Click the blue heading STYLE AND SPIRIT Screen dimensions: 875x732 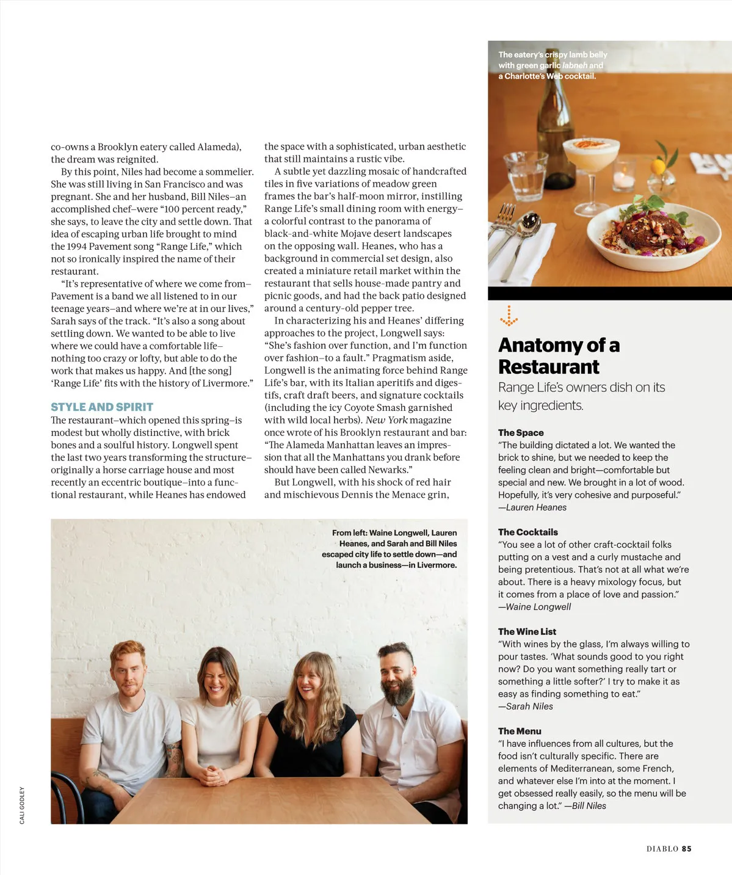102,407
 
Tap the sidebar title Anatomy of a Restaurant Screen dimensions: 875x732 559,355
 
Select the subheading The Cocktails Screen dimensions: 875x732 527,532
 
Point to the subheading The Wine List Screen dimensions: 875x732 527,631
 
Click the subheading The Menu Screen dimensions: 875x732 520,731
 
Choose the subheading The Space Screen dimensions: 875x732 521,432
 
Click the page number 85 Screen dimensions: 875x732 687,849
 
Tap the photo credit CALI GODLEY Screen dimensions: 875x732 23,805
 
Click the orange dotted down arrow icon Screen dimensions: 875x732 509,316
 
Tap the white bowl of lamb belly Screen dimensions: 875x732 645,232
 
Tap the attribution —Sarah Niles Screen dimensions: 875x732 526,706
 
